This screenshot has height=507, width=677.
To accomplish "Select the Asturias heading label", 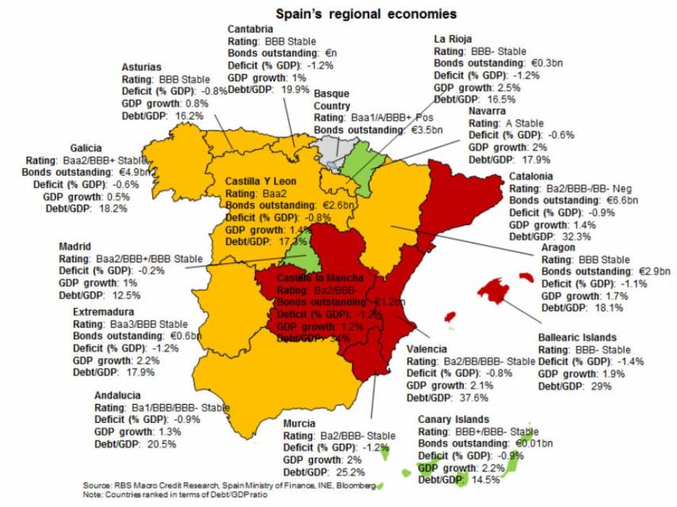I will [143, 67].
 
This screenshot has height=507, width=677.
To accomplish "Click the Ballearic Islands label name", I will [577, 337].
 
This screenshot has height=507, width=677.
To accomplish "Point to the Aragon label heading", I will [558, 247].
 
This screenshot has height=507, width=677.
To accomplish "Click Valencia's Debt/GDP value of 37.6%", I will [475, 398].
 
